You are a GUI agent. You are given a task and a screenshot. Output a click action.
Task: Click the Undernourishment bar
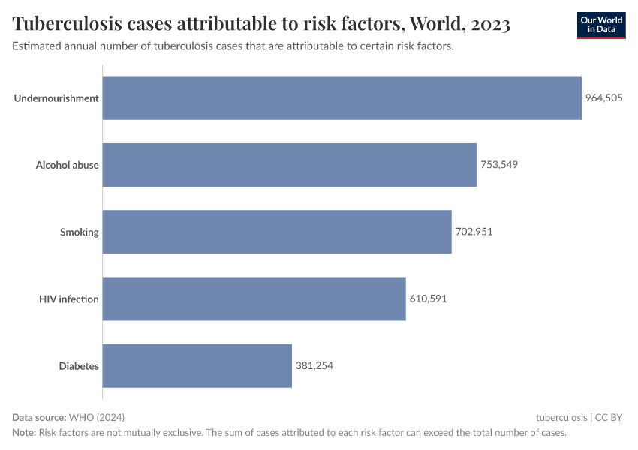[x=342, y=97]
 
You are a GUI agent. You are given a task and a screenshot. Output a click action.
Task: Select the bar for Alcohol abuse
[x=289, y=165]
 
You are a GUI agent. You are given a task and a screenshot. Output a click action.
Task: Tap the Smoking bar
[x=276, y=232]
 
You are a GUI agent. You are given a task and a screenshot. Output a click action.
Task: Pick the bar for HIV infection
[x=254, y=298]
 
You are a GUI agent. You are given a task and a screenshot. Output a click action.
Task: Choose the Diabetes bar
[x=197, y=366]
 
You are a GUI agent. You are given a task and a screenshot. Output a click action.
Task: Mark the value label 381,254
[x=314, y=366]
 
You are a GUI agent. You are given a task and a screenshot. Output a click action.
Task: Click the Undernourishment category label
[x=56, y=97]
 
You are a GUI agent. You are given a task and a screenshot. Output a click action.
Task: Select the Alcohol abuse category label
[x=67, y=165]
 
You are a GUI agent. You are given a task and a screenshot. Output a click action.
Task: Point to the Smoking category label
[x=79, y=232]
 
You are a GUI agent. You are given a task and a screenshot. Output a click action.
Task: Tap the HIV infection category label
[x=68, y=298]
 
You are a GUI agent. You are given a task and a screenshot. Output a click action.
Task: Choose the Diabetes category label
[x=79, y=366]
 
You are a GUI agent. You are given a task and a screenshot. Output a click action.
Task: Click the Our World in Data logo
[x=600, y=25]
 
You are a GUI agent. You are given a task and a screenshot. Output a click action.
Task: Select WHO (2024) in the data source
[x=96, y=417]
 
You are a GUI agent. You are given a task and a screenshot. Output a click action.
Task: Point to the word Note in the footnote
[x=23, y=433]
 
